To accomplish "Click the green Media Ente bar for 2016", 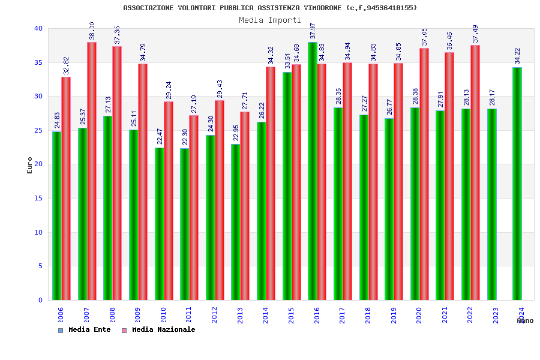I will click(x=313, y=171).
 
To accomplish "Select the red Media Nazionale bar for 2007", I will click(x=92, y=171).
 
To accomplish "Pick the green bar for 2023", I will click(x=492, y=204).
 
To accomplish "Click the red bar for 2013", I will click(x=245, y=206).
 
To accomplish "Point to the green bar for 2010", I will click(x=159, y=224).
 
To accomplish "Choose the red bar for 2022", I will click(x=475, y=172).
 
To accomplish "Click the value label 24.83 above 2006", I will click(x=58, y=121).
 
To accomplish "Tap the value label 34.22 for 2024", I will click(x=518, y=56).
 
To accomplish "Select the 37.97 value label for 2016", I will click(x=313, y=31).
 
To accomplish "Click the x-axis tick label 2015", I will click(x=291, y=316).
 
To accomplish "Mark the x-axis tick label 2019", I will click(x=394, y=316).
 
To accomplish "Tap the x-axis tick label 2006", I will click(x=61, y=316).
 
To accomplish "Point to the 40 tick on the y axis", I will click(x=38, y=28).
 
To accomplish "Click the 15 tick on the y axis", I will click(x=38, y=198).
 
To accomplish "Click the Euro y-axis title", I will click(x=30, y=165).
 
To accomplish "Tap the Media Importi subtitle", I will click(x=270, y=20).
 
